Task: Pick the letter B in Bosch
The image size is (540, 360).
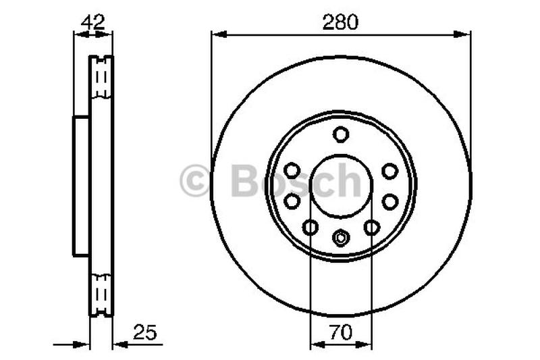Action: tap(244, 181)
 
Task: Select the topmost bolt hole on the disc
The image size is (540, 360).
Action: tap(341, 134)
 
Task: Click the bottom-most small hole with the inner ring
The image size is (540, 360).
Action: tap(341, 237)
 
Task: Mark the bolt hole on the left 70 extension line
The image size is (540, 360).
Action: tap(310, 228)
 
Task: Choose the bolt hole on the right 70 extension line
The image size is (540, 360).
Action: tap(372, 228)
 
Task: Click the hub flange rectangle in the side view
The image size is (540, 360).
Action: tap(81, 186)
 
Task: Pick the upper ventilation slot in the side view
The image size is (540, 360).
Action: tap(102, 78)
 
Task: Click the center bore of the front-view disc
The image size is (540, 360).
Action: tap(341, 186)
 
